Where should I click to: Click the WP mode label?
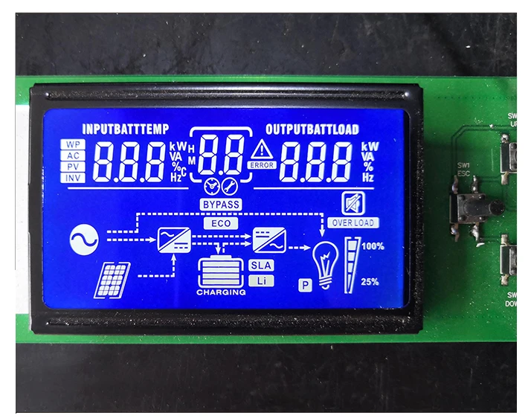[x=72, y=144]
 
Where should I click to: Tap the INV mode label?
[x=72, y=178]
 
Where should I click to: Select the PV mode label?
[x=72, y=167]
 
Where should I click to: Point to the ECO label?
[x=221, y=223]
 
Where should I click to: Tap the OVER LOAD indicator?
[x=353, y=222]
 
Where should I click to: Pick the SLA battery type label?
[x=260, y=266]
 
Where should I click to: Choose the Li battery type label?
[x=260, y=280]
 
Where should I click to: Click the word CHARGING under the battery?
[x=221, y=293]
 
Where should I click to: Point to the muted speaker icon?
[x=350, y=202]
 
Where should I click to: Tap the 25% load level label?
[x=370, y=282]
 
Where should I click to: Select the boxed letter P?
[x=304, y=284]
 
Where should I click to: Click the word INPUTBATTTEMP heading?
[x=126, y=128]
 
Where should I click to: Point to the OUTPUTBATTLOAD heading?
[x=312, y=128]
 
